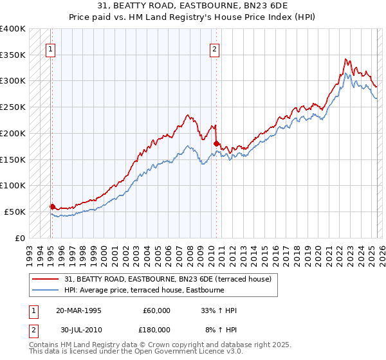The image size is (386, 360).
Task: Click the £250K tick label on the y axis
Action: click(x=13, y=107)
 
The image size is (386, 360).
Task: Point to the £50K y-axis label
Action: click(x=15, y=212)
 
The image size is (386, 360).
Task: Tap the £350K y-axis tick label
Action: click(x=13, y=55)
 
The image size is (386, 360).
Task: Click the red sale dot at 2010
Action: click(x=216, y=143)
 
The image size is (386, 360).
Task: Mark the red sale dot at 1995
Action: click(x=52, y=206)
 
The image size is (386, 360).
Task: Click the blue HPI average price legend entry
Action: click(x=143, y=290)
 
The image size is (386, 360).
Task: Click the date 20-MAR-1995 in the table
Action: click(x=78, y=310)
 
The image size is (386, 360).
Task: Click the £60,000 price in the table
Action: click(x=157, y=310)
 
